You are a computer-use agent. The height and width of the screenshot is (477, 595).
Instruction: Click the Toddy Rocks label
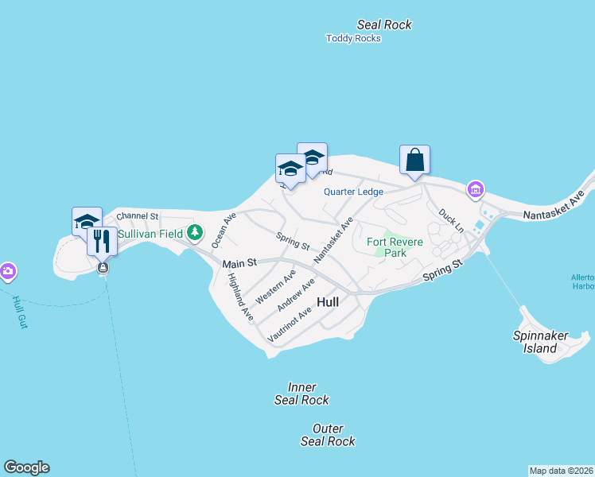coord(354,38)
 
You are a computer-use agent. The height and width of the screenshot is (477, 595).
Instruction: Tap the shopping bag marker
coord(414,159)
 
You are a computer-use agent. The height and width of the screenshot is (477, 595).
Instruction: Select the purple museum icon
coord(476,189)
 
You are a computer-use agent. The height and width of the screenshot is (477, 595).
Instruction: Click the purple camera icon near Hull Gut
coord(8,271)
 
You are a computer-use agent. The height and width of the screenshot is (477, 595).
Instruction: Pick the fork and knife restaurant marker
coord(102,241)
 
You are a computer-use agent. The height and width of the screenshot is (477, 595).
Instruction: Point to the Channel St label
coord(138,216)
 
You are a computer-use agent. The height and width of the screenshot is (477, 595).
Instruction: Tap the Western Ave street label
coord(275,285)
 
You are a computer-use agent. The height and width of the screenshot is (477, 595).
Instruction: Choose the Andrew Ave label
coord(296,295)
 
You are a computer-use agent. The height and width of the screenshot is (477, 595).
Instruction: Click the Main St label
coord(240,263)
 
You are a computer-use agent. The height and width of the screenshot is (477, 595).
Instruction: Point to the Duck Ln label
coord(450,217)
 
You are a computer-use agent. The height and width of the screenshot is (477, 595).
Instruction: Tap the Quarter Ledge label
coord(353,192)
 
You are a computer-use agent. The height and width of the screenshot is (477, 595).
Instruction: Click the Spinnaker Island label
coord(540,341)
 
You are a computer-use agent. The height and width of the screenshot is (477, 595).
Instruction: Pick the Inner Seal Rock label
coord(301,394)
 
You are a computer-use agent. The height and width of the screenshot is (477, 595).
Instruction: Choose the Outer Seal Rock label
coord(328,435)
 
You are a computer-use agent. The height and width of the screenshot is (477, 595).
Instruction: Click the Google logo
coord(26,467)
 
